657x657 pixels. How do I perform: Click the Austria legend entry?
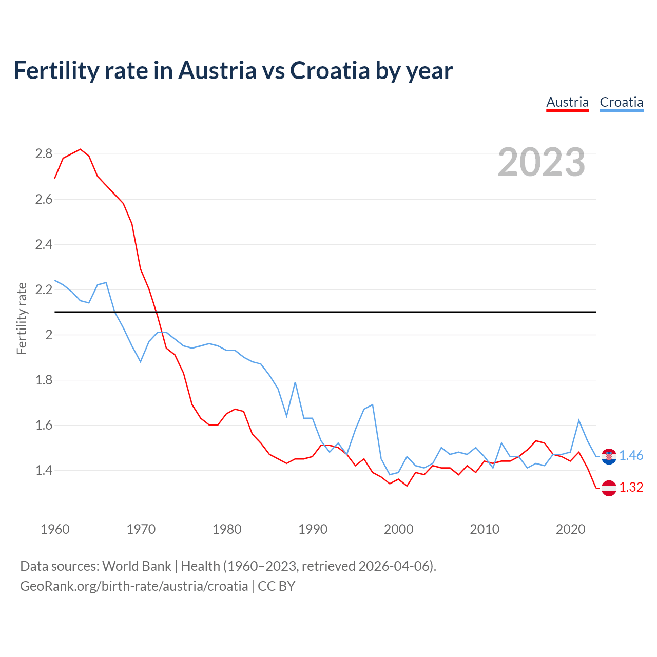click(x=567, y=102)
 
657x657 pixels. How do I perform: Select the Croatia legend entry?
click(x=621, y=102)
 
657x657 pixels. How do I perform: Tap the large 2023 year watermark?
click(x=542, y=162)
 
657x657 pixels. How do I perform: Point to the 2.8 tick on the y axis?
click(x=44, y=154)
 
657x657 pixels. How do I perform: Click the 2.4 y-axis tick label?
click(x=44, y=244)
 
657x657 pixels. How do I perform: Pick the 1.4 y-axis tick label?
click(x=44, y=470)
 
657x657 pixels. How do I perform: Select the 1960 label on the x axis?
click(x=55, y=529)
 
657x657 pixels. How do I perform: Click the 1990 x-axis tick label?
click(x=313, y=529)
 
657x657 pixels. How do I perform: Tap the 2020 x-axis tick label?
click(x=570, y=529)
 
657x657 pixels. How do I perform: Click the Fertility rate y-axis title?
click(x=22, y=318)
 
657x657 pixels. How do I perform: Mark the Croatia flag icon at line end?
click(x=609, y=456)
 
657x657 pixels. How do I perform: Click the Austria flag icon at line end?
click(x=609, y=488)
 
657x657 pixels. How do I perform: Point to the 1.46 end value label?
click(x=631, y=456)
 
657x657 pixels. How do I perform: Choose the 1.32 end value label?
click(x=631, y=488)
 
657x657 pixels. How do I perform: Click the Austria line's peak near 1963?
click(x=80, y=149)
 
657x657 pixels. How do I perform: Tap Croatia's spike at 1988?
click(x=295, y=382)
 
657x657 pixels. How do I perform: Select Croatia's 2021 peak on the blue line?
click(x=579, y=420)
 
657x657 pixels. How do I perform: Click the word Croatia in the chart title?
click(x=330, y=70)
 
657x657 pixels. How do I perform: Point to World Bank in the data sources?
click(x=137, y=566)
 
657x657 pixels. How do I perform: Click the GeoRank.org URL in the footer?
click(x=134, y=586)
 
